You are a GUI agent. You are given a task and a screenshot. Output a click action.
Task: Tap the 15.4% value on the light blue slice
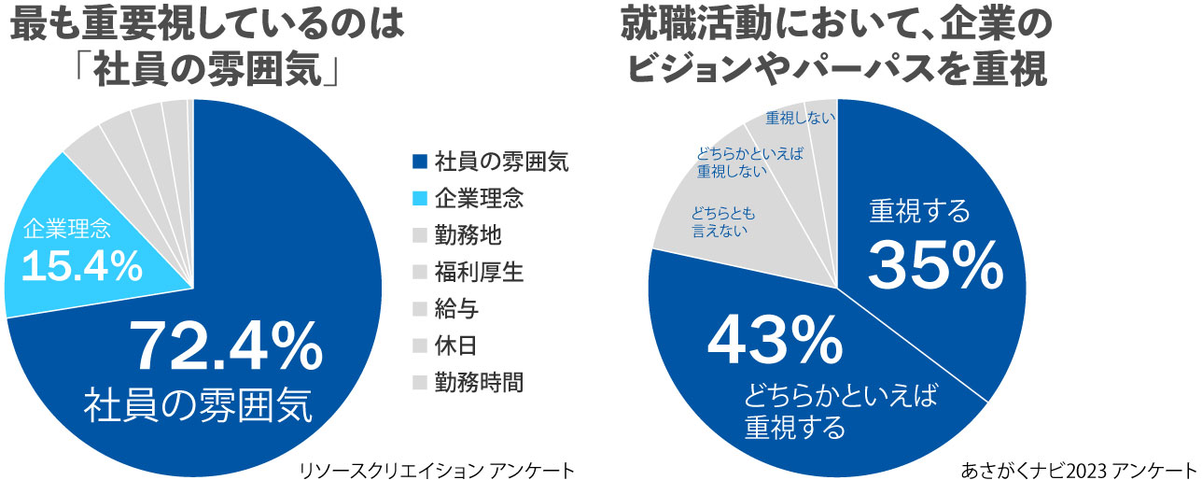82,267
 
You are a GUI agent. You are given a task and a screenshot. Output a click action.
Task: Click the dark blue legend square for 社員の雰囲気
420,162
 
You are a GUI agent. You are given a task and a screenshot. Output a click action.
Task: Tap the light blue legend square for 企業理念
420,198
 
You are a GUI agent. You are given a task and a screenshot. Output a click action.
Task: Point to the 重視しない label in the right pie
801,118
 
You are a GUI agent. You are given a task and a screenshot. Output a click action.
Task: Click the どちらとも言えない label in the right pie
723,222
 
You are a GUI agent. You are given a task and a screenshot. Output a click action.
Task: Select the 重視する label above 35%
920,211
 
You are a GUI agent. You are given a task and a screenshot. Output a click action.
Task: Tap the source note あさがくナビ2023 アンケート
1080,470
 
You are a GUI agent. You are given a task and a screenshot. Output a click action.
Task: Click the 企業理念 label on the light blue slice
67,230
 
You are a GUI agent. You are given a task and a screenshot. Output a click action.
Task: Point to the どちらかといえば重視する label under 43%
841,411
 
